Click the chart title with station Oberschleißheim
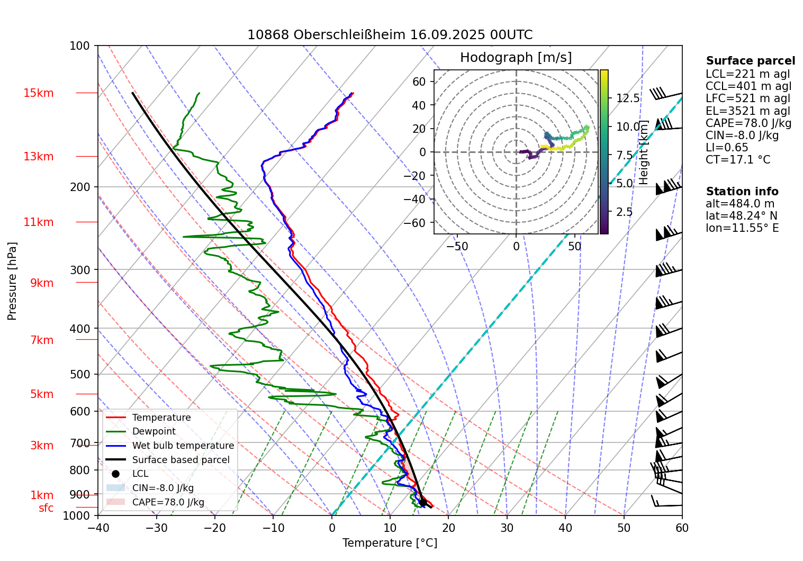pos(390,35)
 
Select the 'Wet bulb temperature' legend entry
pos(183,446)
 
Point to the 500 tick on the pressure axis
pos(80,374)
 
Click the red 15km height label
pos(38,93)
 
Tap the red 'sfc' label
pos(46,508)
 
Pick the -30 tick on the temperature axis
pos(156,528)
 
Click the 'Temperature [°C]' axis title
pos(390,543)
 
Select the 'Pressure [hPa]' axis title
pos(12,281)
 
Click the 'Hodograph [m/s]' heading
pos(516,58)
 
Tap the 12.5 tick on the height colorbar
pos(628,98)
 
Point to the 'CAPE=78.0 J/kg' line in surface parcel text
pos(748,123)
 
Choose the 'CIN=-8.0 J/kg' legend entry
pos(163,488)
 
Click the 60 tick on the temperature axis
pos(682,528)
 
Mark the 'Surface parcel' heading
pos(750,61)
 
